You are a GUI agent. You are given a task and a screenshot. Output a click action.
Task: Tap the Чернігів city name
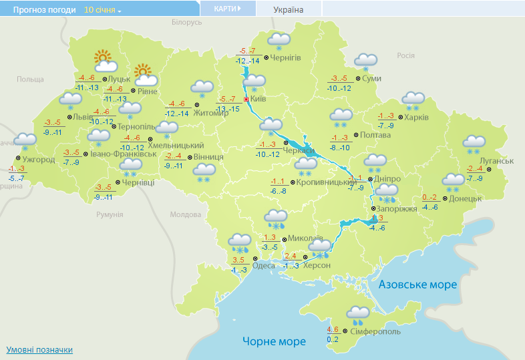point(286,58)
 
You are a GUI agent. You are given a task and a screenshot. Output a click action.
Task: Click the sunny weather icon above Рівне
point(145,75)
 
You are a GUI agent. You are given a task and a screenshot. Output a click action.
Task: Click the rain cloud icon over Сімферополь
point(358,313)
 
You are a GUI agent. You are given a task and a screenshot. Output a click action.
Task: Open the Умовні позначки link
point(39,350)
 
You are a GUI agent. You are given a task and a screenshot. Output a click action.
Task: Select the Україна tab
point(289,10)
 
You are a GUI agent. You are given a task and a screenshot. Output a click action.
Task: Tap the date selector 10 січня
point(103,11)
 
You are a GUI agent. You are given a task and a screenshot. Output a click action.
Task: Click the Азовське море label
point(417,285)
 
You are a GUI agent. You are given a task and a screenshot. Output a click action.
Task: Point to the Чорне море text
point(274,341)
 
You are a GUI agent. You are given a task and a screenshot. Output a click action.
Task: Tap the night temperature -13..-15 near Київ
point(228,109)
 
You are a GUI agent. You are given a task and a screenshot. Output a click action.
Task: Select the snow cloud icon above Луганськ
point(474,144)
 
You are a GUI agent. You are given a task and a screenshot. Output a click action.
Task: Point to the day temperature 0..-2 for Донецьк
point(429,197)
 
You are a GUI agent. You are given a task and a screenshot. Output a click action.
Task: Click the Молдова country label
point(185,214)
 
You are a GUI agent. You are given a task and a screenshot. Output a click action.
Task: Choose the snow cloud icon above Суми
point(365,62)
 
